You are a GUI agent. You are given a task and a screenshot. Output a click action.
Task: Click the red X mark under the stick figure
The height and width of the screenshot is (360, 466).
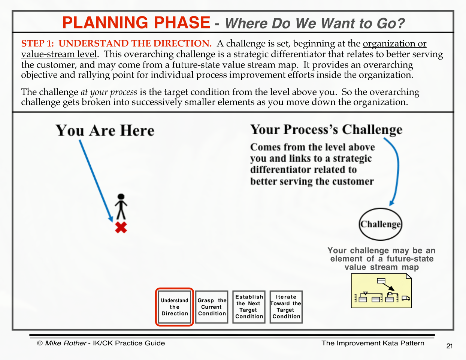(121, 227)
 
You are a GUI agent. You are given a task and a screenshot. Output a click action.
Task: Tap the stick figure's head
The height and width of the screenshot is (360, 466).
(121, 197)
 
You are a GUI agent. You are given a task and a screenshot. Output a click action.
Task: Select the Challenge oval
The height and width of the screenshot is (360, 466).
(380, 224)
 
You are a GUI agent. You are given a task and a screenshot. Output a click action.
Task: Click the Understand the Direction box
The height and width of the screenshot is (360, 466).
(175, 307)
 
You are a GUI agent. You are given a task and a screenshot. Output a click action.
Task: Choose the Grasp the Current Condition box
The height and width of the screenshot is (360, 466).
(212, 307)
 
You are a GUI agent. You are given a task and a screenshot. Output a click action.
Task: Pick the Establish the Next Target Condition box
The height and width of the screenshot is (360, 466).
(249, 307)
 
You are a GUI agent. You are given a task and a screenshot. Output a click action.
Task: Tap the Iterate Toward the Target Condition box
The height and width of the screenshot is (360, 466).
(286, 307)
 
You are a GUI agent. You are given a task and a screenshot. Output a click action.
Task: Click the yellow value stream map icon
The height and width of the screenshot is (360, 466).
(381, 291)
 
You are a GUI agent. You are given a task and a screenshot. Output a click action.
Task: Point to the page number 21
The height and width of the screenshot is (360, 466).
(450, 346)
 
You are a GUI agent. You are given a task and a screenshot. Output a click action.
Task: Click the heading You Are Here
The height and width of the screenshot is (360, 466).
(105, 130)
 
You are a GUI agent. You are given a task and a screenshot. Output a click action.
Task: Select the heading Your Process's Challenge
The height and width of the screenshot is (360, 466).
(326, 129)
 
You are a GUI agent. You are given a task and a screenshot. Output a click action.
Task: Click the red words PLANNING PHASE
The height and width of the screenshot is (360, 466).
(136, 22)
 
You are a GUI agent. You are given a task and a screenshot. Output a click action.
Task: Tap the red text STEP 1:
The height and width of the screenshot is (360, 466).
(37, 43)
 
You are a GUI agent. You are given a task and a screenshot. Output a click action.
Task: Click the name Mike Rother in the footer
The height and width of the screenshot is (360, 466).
(66, 343)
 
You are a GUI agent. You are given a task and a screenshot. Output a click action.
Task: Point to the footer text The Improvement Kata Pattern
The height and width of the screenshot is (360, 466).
(373, 343)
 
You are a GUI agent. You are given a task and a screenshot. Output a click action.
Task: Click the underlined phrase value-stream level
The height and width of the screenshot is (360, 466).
(59, 54)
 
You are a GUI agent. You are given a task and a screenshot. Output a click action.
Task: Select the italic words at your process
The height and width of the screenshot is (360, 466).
(109, 92)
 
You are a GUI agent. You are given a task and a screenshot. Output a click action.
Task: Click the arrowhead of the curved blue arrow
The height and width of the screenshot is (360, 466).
(391, 203)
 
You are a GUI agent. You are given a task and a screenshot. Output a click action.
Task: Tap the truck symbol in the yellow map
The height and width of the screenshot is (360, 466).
(406, 298)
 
